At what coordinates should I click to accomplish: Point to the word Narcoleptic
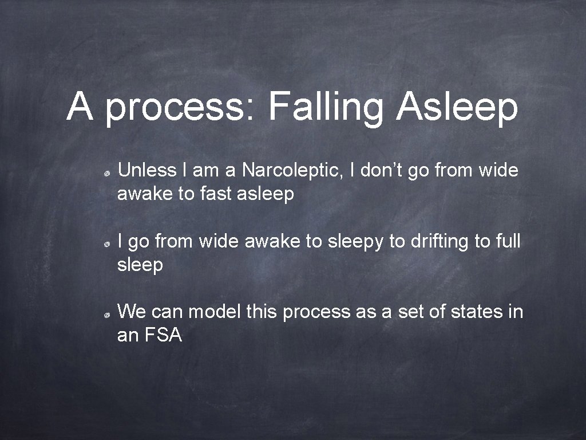pos(292,170)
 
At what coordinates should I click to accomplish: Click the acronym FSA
pos(165,336)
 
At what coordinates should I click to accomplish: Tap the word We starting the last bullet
pos(131,312)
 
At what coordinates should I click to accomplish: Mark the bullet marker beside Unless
pos(107,172)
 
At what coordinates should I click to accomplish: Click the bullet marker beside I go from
pos(107,244)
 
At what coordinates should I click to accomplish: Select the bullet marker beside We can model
pos(107,315)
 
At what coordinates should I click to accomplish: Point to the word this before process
pos(262,312)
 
